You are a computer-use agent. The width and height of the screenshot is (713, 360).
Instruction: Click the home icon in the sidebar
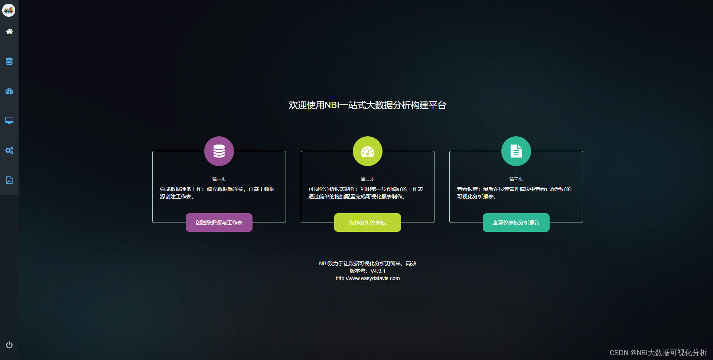[9, 32]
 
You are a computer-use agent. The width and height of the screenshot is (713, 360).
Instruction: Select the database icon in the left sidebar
[9, 61]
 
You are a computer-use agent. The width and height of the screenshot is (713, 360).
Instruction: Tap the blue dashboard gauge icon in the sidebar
[9, 91]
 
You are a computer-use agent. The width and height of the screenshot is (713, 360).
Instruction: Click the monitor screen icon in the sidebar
[9, 120]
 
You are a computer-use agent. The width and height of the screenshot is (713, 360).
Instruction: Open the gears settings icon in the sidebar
[9, 150]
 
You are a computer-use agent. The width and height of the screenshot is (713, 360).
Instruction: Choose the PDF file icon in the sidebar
[9, 180]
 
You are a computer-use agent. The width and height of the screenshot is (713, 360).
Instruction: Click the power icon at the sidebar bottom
[9, 345]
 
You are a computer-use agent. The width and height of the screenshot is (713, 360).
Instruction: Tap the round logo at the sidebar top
[9, 10]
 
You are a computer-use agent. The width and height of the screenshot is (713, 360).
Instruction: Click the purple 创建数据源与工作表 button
[219, 223]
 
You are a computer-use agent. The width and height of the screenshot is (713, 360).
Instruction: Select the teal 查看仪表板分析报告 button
[516, 223]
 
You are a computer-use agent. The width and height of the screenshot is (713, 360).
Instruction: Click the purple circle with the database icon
[219, 151]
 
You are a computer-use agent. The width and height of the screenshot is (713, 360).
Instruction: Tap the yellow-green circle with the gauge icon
[368, 151]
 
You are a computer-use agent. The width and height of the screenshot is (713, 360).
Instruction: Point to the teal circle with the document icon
[516, 151]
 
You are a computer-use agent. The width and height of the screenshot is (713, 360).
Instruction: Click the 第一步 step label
[219, 179]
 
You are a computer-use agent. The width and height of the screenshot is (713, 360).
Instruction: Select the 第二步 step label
[368, 179]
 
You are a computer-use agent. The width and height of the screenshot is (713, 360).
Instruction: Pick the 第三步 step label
[516, 179]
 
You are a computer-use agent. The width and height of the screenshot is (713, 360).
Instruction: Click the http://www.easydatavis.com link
[368, 278]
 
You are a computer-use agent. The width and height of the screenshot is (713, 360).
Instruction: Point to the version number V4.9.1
[378, 271]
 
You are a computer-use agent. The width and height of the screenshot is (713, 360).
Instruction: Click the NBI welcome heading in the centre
[368, 105]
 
